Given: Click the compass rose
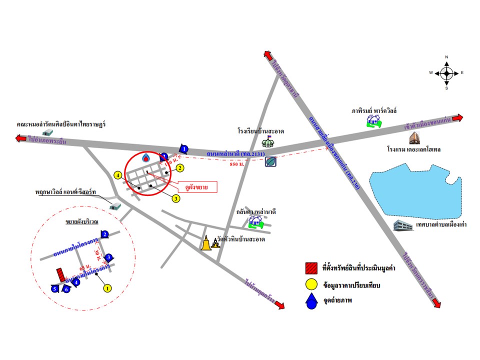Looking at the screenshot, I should point(446,73).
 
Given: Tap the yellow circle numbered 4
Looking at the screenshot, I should point(117,175).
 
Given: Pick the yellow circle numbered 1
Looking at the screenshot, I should point(106,287).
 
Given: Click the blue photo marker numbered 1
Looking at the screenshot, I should point(184,149).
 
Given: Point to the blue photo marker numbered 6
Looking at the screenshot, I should point(66,289).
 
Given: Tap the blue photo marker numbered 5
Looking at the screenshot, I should point(54,288).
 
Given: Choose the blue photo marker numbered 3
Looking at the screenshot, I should point(108,257).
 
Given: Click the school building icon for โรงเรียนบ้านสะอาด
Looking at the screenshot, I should point(268,141).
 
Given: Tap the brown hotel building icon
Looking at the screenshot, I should point(414,138).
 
